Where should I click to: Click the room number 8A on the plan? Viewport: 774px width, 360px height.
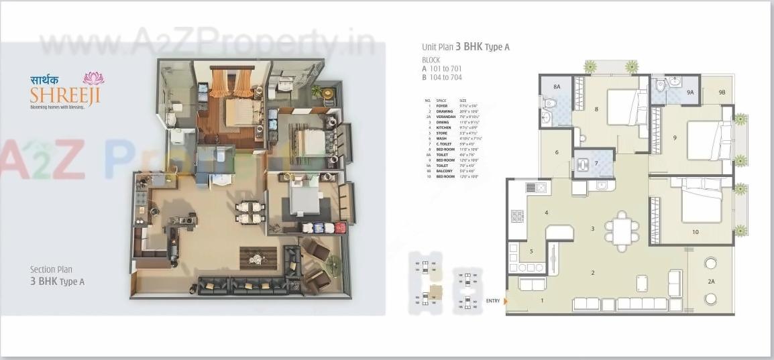tap(557, 87)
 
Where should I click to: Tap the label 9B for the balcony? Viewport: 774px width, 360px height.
tap(722, 92)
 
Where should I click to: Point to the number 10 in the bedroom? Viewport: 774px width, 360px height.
tap(695, 232)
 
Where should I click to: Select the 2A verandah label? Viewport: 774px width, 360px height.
tap(711, 282)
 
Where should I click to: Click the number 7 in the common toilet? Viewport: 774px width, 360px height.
tap(596, 163)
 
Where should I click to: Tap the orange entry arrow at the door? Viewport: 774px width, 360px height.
tap(506, 301)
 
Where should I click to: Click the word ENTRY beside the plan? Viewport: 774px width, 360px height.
tap(493, 301)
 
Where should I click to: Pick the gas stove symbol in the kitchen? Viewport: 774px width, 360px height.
tap(518, 216)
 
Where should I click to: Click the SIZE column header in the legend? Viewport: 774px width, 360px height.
tap(463, 101)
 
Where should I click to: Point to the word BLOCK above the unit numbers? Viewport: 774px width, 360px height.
tap(431, 60)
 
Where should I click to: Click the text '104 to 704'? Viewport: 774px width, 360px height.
tap(447, 77)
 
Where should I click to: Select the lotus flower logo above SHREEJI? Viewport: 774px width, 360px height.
tap(93, 78)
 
